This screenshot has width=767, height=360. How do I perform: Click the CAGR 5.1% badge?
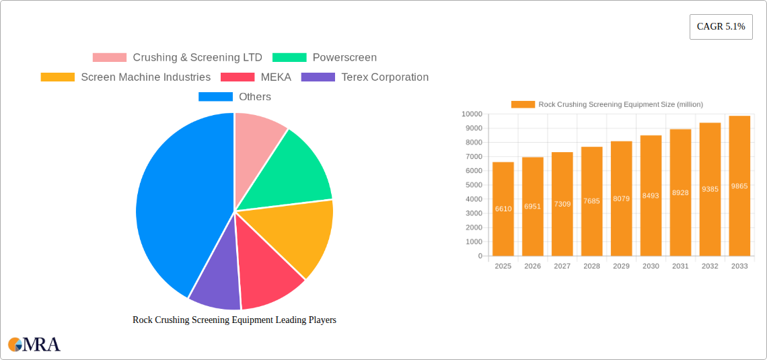coord(721,27)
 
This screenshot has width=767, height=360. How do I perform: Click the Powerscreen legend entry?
coord(344,58)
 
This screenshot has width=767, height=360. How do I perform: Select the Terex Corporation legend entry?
coord(384,77)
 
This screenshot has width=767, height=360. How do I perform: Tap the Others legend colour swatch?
coord(215,97)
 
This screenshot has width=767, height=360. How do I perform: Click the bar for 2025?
coord(503,209)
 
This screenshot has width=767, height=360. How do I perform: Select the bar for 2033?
coord(739,186)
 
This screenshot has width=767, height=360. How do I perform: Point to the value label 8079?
coord(622,199)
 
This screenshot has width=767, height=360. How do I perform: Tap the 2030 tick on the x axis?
coord(651,266)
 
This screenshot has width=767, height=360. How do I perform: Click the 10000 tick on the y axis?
coord(472,114)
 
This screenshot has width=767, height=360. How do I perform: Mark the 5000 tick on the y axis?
coord(474,185)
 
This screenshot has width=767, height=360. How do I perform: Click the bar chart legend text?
coord(620,104)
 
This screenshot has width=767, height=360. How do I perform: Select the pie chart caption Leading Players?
coord(234,320)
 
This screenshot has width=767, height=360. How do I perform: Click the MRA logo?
coord(34,345)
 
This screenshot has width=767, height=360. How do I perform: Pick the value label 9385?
coord(710,189)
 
